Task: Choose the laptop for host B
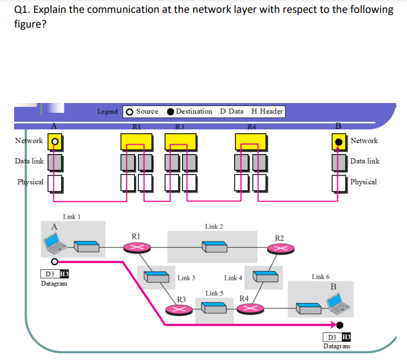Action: [x=339, y=302]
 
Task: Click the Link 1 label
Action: [x=72, y=217]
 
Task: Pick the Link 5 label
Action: [x=215, y=293]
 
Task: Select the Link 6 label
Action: [x=320, y=277]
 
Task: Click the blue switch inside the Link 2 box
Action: [x=215, y=247]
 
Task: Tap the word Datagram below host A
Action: [x=55, y=283]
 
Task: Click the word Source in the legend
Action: [x=146, y=112]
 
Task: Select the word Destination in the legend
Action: [x=194, y=112]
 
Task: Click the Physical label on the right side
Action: [x=363, y=182]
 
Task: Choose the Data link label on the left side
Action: [x=29, y=161]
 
